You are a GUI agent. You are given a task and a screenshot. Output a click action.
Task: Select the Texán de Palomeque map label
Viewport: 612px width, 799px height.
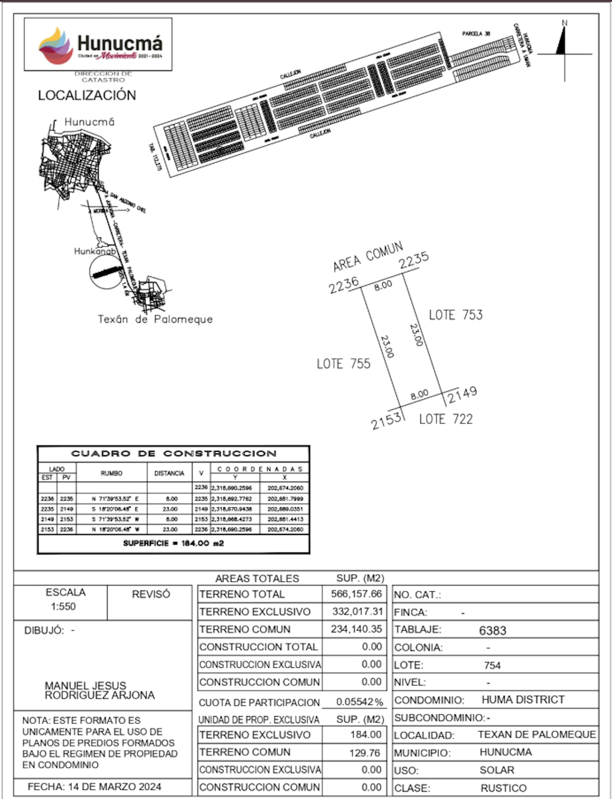155,319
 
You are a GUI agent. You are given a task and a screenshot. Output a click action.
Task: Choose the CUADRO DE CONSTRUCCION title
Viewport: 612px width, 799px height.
173,453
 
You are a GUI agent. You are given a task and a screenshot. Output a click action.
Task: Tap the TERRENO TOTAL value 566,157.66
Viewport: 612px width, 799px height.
356,594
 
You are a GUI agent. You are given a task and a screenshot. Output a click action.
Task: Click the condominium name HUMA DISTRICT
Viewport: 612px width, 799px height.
523,700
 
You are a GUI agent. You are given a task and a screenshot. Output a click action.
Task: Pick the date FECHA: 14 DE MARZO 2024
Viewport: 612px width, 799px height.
94,787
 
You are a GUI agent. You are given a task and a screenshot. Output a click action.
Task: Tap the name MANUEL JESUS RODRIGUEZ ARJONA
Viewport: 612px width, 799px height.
99,690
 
